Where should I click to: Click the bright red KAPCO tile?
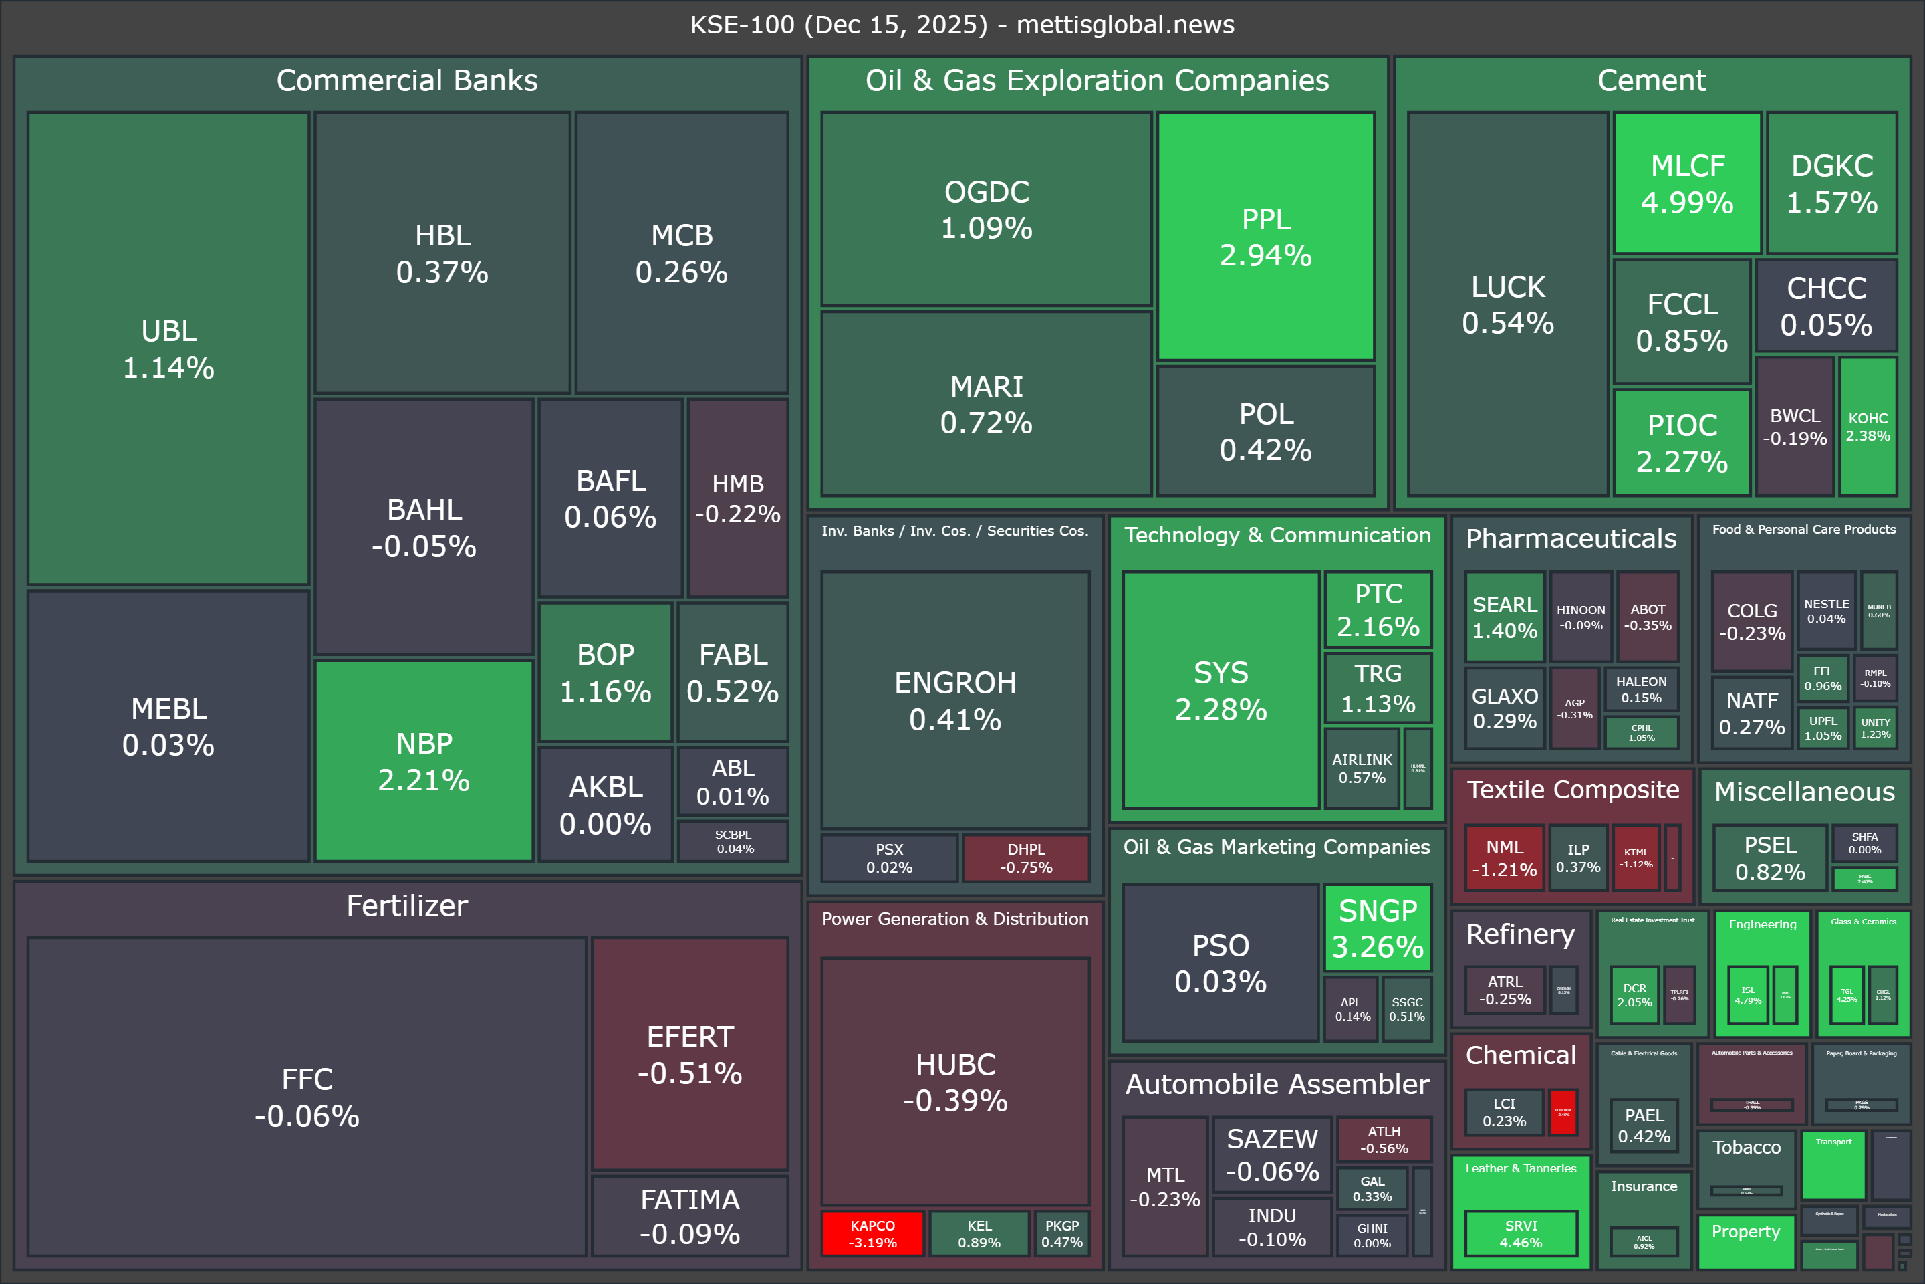coord(872,1233)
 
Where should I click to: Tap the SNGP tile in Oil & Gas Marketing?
coord(1378,928)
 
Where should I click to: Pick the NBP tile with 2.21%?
coord(424,761)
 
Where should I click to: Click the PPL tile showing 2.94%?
coord(1265,236)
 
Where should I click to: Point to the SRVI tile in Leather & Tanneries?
coord(1521,1233)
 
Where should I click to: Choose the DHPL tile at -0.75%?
coord(1025,857)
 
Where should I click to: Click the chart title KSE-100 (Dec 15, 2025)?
coord(962,25)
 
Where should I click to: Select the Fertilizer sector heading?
coord(407,905)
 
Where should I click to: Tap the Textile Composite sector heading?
coord(1572,789)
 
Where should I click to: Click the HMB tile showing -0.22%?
coord(737,498)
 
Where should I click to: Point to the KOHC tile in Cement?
coord(1868,427)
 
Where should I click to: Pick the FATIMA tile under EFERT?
coord(690,1216)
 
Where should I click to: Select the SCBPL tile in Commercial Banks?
coord(733,841)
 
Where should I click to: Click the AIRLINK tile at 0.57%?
coord(1362,768)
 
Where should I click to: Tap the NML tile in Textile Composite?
coord(1505,857)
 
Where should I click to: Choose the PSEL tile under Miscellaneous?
coord(1769,857)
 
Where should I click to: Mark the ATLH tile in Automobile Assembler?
coord(1384,1139)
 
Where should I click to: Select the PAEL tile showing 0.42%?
coord(1644,1125)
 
